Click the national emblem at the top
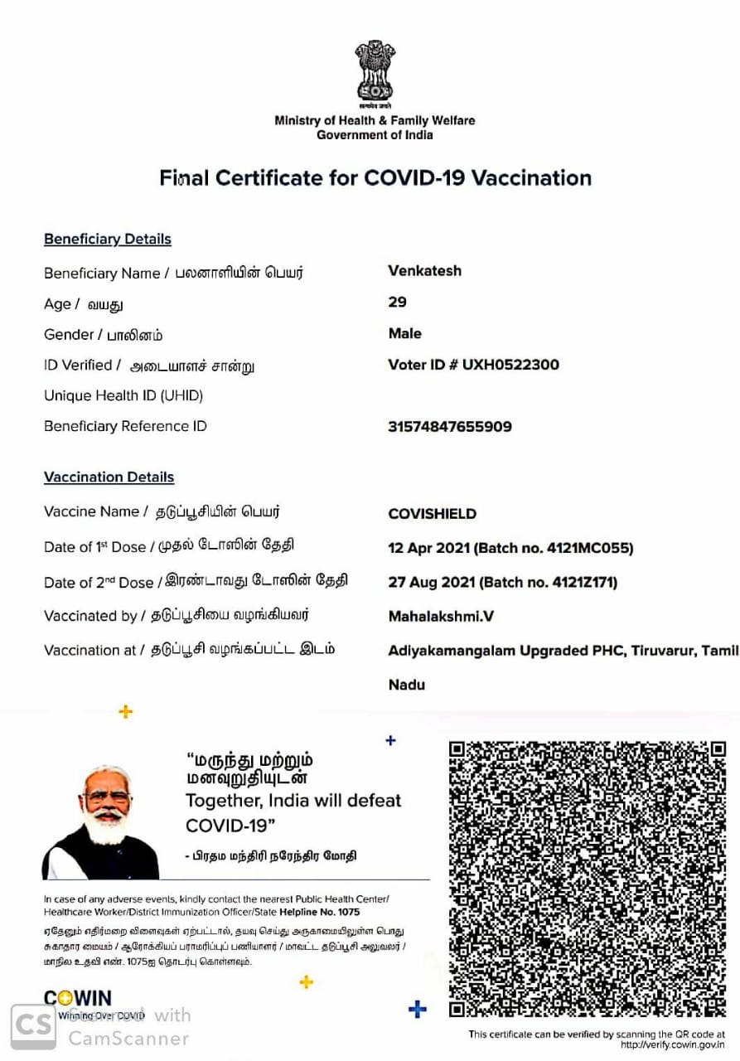pyautogui.click(x=375, y=72)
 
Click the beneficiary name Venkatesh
pyautogui.click(x=424, y=271)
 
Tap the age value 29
pyautogui.click(x=397, y=303)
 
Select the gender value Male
pyautogui.click(x=404, y=333)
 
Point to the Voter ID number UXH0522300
pyautogui.click(x=510, y=365)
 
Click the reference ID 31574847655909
pyautogui.click(x=449, y=427)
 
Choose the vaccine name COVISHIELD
pyautogui.click(x=432, y=514)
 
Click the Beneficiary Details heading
pyautogui.click(x=108, y=240)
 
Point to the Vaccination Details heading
pyautogui.click(x=109, y=477)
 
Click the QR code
pyautogui.click(x=587, y=879)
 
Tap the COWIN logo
pyautogui.click(x=77, y=998)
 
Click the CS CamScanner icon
pyautogui.click(x=33, y=1027)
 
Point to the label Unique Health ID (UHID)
pyautogui.click(x=123, y=396)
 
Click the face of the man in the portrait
pyautogui.click(x=107, y=801)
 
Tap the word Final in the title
pyautogui.click(x=183, y=178)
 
